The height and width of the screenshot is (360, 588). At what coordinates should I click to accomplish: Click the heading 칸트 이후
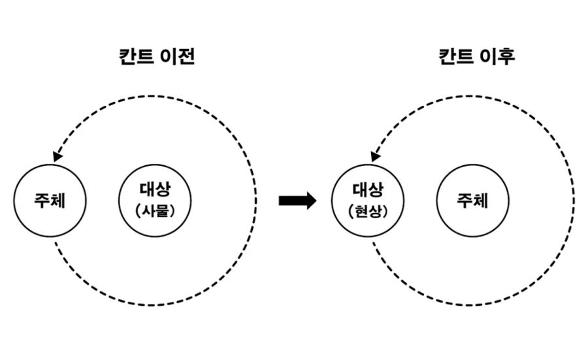point(476,57)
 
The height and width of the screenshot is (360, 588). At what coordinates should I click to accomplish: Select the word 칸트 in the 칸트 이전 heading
point(135,57)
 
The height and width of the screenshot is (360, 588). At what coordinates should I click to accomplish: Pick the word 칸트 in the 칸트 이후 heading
point(455,57)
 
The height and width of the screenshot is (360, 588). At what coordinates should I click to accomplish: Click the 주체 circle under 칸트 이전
point(50,200)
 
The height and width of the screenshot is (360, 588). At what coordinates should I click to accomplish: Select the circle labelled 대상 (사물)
point(155,200)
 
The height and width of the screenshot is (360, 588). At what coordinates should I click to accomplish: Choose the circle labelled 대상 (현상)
point(368,200)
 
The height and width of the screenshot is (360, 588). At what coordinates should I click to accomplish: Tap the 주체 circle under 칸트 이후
point(472,200)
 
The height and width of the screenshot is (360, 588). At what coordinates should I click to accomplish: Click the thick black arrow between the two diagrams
point(297,201)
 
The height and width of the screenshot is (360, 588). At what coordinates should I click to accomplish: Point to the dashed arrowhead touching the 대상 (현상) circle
point(375,157)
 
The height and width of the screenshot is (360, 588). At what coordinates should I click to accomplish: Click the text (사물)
point(155,211)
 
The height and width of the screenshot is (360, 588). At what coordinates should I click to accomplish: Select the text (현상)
point(368,211)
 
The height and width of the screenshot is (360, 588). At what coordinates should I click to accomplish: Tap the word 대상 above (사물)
point(155,190)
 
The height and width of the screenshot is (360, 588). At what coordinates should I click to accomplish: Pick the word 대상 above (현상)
point(368,190)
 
